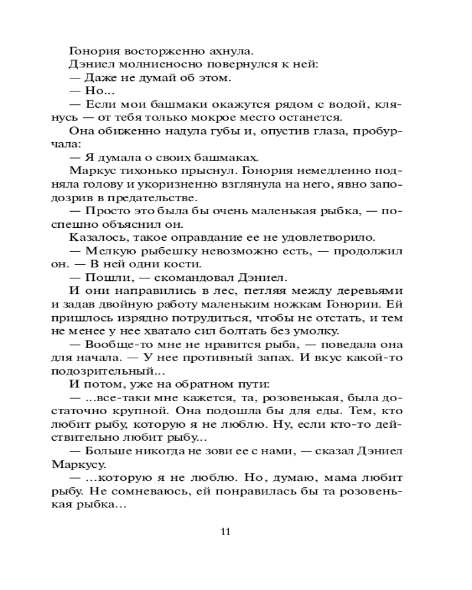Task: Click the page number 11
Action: [x=225, y=531]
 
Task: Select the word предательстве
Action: [x=159, y=198]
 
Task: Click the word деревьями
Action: [x=370, y=291]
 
